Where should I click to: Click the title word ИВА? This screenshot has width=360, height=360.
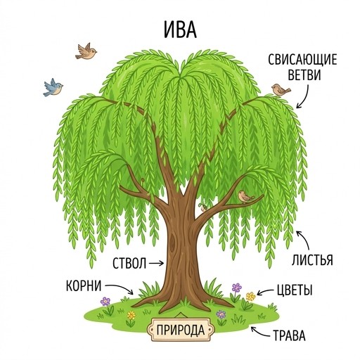(180, 30)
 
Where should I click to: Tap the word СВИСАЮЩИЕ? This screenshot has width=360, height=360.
(302, 60)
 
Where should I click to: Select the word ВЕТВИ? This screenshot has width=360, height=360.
(304, 75)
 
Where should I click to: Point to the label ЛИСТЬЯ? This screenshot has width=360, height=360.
(312, 259)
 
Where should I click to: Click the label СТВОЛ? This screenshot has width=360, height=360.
(129, 264)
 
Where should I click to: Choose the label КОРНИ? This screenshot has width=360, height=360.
(84, 285)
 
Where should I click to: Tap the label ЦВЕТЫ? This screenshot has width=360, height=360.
(295, 290)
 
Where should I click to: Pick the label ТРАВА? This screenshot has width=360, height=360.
(289, 335)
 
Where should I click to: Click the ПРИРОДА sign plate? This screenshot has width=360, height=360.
(181, 330)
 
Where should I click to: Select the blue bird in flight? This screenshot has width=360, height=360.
(53, 87)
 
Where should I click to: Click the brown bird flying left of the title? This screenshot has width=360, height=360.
(86, 51)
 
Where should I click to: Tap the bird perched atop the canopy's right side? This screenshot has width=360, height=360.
(281, 89)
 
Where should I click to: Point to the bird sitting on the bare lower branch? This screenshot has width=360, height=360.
(245, 196)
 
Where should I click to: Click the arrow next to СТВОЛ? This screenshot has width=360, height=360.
(156, 264)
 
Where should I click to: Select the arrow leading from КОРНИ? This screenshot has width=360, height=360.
(119, 288)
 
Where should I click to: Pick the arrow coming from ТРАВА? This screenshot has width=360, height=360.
(259, 333)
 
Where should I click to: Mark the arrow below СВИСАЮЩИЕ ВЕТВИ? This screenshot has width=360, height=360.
(304, 96)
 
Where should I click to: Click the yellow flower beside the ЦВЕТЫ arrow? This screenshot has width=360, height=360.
(250, 297)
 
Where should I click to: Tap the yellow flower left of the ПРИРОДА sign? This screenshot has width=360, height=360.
(131, 316)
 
